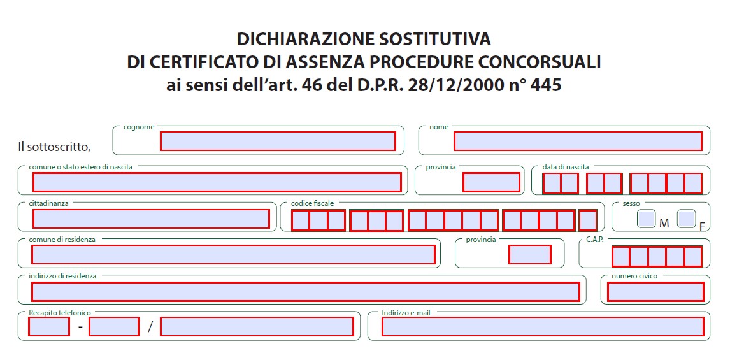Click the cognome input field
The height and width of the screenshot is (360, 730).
click(278, 141)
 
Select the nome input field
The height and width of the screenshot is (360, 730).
click(578, 141)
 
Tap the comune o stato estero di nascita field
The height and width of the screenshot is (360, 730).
click(217, 182)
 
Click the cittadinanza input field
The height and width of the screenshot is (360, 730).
click(151, 219)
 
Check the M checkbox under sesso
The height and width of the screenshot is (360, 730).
click(647, 219)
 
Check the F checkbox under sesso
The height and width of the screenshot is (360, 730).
click(686, 219)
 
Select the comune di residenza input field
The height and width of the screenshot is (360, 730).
click(233, 254)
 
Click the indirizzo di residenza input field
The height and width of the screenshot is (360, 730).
click(306, 292)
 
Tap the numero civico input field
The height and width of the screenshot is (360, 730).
click(655, 292)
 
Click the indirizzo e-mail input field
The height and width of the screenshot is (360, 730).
click(543, 326)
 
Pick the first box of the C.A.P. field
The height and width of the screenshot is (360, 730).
click(620, 256)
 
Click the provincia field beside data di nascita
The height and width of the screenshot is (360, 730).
click(491, 182)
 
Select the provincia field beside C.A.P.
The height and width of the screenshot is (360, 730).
click(529, 254)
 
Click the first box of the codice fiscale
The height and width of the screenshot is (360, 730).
click(300, 220)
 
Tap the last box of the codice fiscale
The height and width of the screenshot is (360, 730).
click(588, 220)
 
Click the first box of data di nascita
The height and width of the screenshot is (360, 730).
click(552, 184)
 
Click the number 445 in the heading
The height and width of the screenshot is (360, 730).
click(545, 85)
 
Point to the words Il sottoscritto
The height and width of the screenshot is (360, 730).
click(54, 147)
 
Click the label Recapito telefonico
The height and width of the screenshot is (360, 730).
click(60, 313)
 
